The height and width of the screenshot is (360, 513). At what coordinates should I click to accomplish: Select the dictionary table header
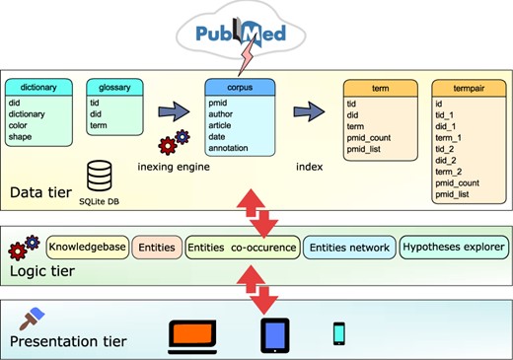(38, 88)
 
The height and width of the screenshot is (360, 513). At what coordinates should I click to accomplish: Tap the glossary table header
(109, 88)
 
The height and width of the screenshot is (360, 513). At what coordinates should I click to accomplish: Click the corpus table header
(237, 88)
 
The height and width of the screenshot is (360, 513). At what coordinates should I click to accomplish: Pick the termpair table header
(467, 88)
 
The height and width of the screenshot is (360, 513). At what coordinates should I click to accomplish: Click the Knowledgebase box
(87, 246)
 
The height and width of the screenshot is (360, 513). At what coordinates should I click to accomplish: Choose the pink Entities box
(156, 246)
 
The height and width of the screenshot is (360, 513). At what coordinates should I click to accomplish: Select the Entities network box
(348, 246)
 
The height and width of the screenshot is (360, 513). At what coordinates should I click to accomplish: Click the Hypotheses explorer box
(453, 246)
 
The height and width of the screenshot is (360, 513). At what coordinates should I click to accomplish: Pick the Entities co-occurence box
(242, 246)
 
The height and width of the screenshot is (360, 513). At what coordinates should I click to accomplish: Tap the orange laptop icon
(191, 335)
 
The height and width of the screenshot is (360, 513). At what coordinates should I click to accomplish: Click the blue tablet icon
(274, 335)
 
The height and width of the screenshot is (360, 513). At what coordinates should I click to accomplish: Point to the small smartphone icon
(339, 334)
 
